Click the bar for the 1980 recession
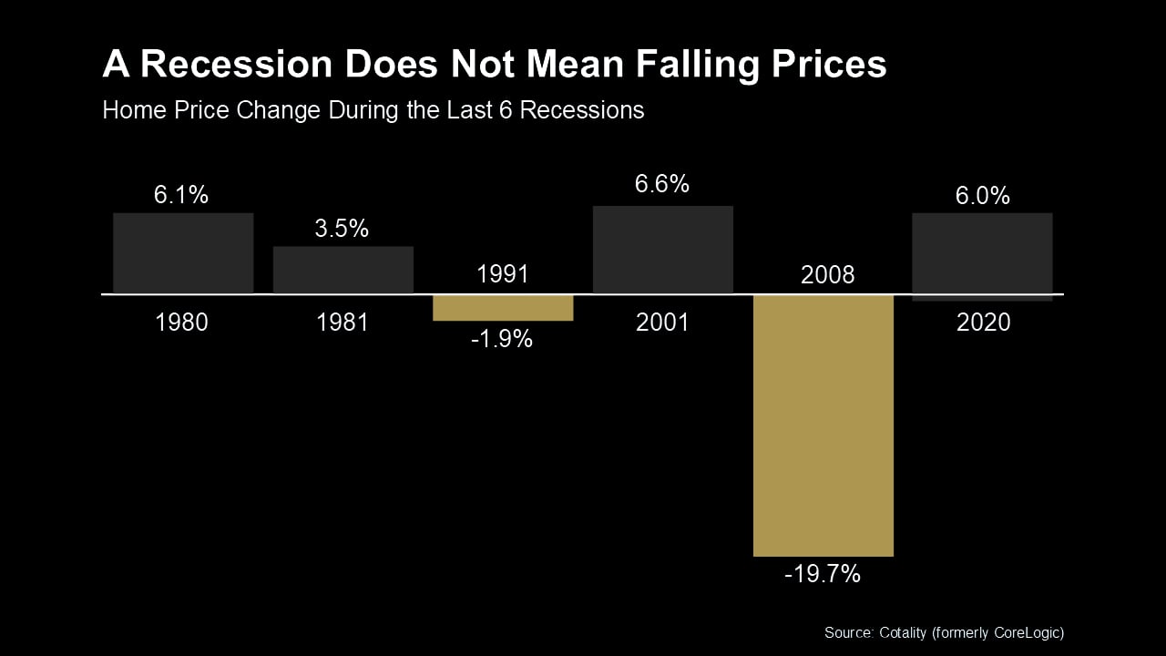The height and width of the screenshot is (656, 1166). click(183, 253)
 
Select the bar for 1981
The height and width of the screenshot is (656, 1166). click(343, 270)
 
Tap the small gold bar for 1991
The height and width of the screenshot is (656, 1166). click(503, 308)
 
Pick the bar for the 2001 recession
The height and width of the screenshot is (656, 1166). click(663, 250)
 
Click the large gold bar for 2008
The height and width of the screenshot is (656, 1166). click(823, 425)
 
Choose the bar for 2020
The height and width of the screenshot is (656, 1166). click(982, 253)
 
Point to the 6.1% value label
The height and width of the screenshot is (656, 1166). click(181, 194)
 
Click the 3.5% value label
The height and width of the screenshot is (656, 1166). click(342, 228)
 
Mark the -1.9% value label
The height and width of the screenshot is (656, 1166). click(502, 340)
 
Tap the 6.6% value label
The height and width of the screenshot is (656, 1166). click(662, 184)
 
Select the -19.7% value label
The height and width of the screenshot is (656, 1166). click(823, 575)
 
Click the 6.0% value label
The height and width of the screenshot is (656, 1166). click(983, 195)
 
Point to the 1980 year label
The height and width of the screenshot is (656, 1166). click(181, 323)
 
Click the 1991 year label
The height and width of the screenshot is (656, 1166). click(503, 274)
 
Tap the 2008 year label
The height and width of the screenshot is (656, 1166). click(827, 275)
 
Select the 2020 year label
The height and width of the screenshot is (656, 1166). click(983, 323)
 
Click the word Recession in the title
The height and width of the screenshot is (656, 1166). click(235, 65)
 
